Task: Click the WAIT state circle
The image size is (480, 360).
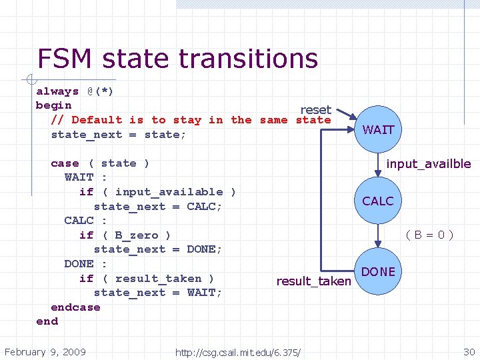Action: coord(378,129)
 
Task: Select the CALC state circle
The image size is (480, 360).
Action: coord(378,201)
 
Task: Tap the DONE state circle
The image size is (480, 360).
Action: coord(378,272)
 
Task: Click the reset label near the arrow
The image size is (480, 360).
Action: coord(315,109)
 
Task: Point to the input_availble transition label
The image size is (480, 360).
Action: coord(429,163)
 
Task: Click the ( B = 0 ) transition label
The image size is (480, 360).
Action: coord(430,234)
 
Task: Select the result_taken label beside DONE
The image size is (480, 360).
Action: coord(313,281)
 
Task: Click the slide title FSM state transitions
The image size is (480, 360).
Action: coord(177,59)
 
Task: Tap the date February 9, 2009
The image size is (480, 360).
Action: coord(45,351)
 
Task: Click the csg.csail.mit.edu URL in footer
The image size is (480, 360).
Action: coord(237,352)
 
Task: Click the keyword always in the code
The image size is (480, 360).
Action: coord(57,91)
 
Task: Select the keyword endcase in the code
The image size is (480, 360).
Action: coord(75,307)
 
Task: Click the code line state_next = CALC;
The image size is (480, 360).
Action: coord(157,207)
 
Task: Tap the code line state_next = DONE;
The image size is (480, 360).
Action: coord(157,249)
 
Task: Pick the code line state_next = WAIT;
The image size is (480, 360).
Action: coord(157,293)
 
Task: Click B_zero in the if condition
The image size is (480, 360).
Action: coord(137,235)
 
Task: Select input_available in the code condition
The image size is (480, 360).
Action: coord(169,192)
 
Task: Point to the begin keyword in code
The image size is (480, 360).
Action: coord(53,105)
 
